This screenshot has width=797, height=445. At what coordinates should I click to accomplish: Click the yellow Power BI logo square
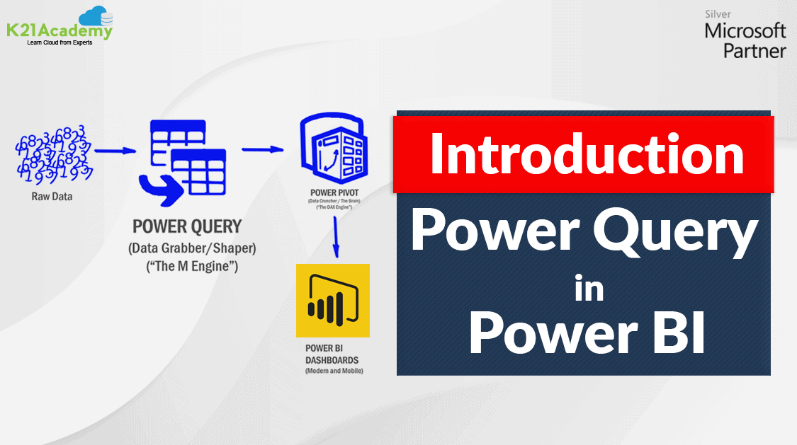tap(333, 301)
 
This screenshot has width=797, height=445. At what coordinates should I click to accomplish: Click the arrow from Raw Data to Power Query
tap(115, 150)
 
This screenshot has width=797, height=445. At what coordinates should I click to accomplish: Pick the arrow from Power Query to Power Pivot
tap(262, 149)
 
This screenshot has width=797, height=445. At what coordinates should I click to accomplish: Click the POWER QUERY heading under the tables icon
tap(187, 227)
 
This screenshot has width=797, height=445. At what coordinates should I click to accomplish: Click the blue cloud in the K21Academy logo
tap(93, 16)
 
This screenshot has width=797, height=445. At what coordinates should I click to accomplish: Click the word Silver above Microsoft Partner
tap(718, 13)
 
